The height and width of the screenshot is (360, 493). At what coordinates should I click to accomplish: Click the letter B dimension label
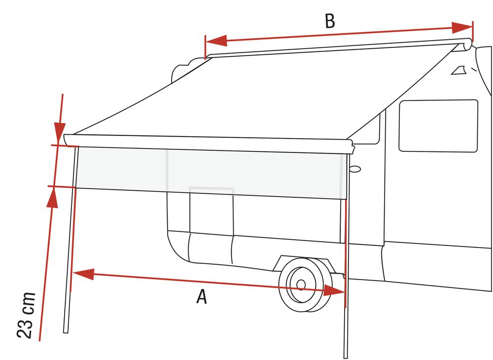[330, 21]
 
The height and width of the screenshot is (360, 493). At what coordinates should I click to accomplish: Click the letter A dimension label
[202, 297]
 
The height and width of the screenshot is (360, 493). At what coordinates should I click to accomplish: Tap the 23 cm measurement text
[26, 315]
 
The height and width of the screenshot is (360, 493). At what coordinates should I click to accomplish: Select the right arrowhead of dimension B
[462, 28]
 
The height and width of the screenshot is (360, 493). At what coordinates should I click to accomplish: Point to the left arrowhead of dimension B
[216, 41]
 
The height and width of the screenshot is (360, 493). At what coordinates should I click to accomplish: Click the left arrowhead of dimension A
[83, 274]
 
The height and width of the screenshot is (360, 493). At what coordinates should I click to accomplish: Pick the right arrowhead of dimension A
[334, 290]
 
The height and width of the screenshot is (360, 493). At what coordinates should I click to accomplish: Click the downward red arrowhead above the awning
[60, 132]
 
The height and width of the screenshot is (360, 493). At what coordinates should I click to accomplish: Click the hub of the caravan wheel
[301, 285]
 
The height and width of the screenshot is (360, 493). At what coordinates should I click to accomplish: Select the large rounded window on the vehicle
[438, 126]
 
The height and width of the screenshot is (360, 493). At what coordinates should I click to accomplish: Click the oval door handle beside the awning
[355, 169]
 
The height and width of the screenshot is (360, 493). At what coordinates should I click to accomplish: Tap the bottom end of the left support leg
[66, 332]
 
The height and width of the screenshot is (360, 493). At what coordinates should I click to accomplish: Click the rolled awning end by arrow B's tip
[466, 45]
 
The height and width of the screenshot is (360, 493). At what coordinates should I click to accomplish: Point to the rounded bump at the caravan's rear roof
[182, 71]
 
